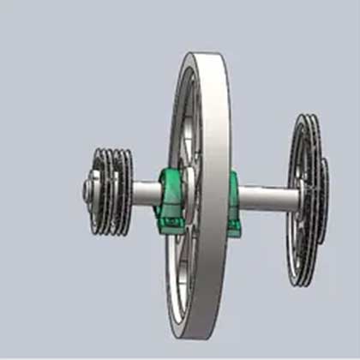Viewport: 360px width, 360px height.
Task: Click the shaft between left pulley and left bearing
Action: [x=144, y=191]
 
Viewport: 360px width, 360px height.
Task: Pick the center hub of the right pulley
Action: [x=302, y=200]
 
